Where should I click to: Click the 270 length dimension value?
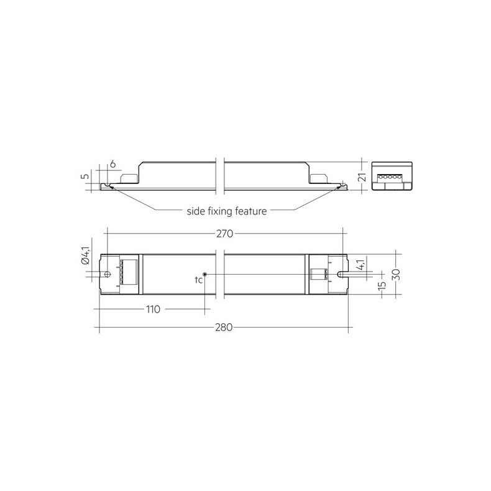224,234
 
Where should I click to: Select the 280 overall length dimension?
224,328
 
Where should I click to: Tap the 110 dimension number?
154,309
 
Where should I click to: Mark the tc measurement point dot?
205,274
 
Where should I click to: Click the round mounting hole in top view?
108,274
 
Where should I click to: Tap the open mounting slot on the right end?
342,274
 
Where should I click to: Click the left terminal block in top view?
128,274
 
